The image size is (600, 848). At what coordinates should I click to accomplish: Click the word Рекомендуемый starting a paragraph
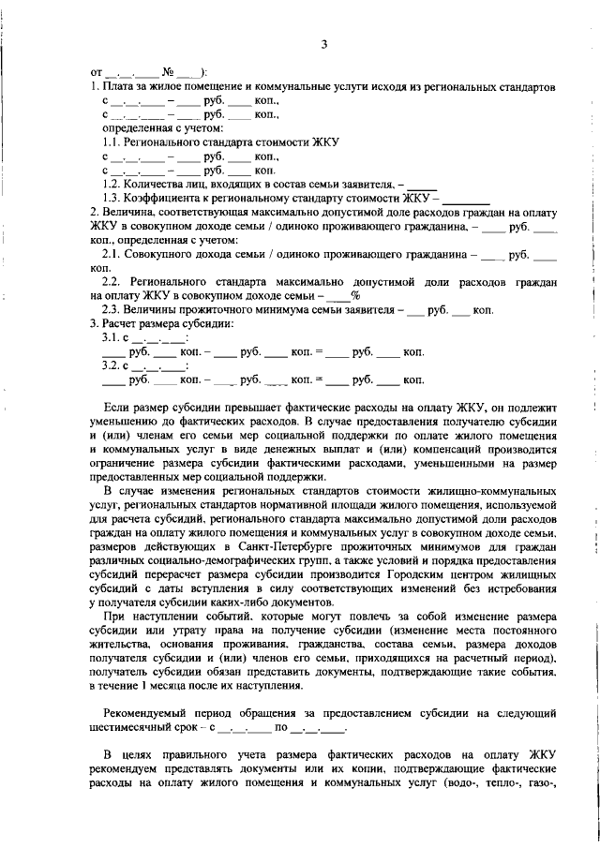tap(150, 712)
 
